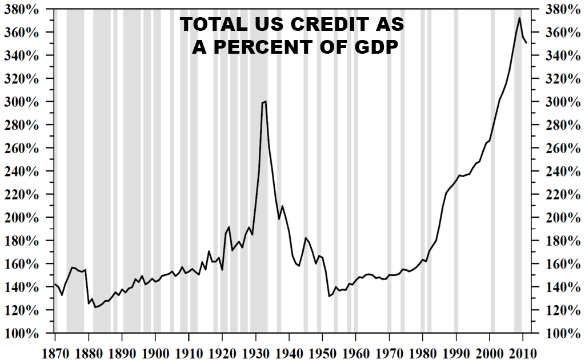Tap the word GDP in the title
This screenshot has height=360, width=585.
click(x=372, y=47)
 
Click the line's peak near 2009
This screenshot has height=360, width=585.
click(x=519, y=18)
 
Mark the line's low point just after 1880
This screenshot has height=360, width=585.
click(x=95, y=307)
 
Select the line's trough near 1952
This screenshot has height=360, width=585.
click(x=329, y=296)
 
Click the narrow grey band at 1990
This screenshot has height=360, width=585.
click(x=456, y=171)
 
